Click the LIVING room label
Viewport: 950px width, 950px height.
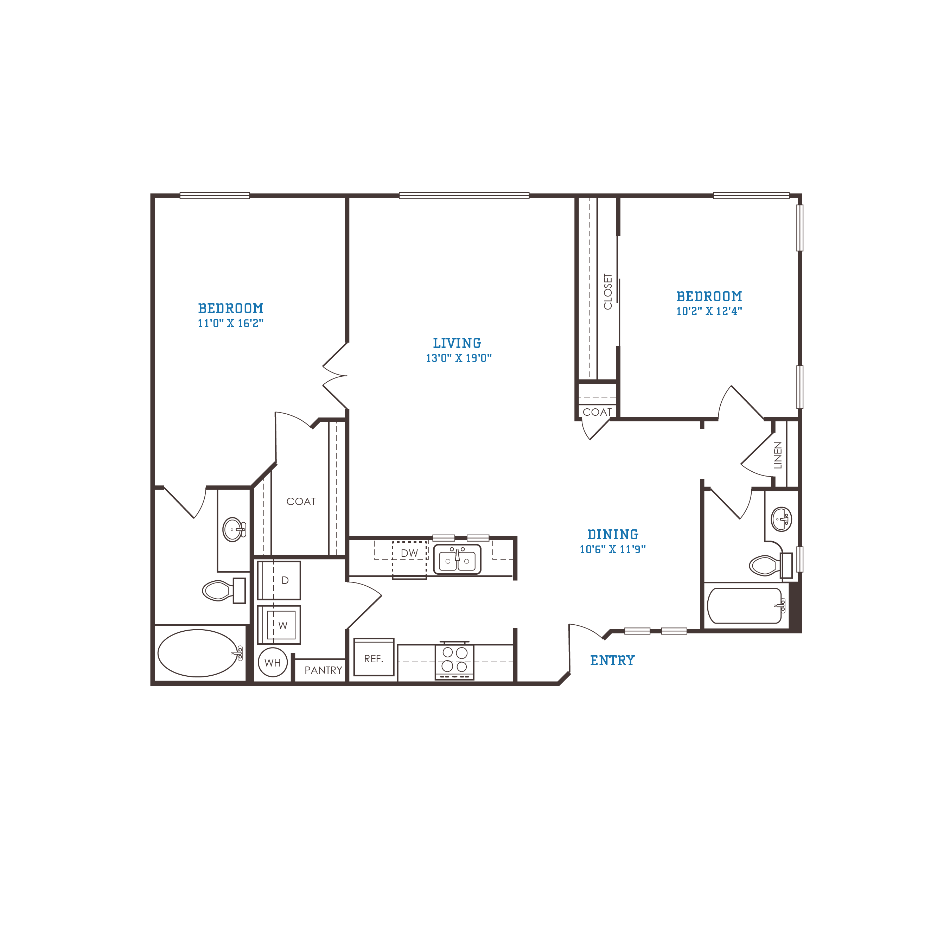coord(457,343)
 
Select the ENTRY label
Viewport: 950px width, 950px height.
coord(613,661)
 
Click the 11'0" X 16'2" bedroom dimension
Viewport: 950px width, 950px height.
coord(231,323)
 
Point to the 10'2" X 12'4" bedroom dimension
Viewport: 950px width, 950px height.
coord(709,311)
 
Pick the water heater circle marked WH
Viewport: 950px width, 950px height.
coord(273,662)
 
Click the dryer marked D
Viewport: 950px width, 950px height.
coord(279,580)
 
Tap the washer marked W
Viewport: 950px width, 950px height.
coord(279,625)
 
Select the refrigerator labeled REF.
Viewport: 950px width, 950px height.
coord(374,657)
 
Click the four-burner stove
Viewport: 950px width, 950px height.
coord(454,661)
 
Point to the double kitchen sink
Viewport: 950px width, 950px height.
coord(457,560)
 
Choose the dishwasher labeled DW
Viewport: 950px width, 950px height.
coord(409,560)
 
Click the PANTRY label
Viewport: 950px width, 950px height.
coord(323,670)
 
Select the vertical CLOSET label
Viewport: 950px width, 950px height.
coord(608,292)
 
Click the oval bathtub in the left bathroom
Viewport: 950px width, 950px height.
coord(198,653)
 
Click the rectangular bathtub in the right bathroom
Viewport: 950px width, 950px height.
coord(745,606)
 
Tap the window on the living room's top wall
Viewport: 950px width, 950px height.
coord(464,196)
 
